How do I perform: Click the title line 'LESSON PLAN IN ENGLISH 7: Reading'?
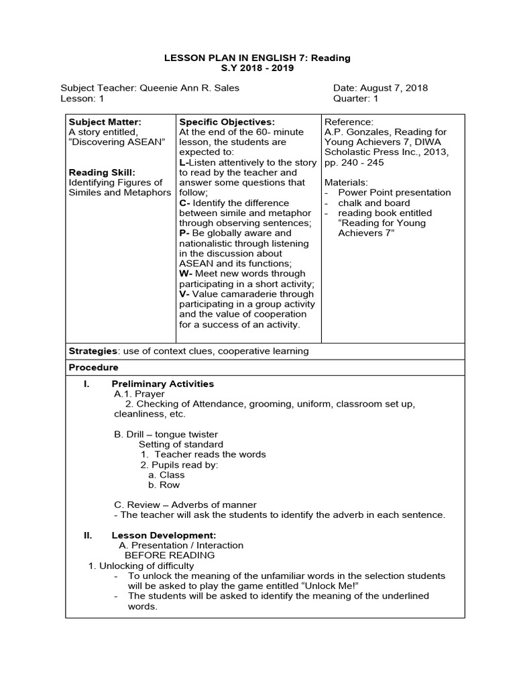point(257,58)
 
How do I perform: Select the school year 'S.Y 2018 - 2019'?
point(257,68)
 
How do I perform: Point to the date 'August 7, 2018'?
point(394,88)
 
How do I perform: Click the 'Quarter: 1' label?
point(356,98)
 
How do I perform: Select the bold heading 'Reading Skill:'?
point(102,172)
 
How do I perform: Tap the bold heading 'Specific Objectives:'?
point(227,122)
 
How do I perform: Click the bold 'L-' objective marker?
point(184,162)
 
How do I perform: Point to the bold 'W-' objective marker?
point(186,274)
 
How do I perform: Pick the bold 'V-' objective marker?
point(185,294)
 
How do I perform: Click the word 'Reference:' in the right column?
point(349,122)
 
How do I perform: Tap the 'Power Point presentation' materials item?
point(394,193)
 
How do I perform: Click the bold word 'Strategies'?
point(93,351)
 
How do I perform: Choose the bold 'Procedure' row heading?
point(93,368)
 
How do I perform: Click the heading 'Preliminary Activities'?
point(162,384)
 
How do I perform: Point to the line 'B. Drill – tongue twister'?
point(166,434)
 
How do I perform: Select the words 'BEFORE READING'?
point(170,556)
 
